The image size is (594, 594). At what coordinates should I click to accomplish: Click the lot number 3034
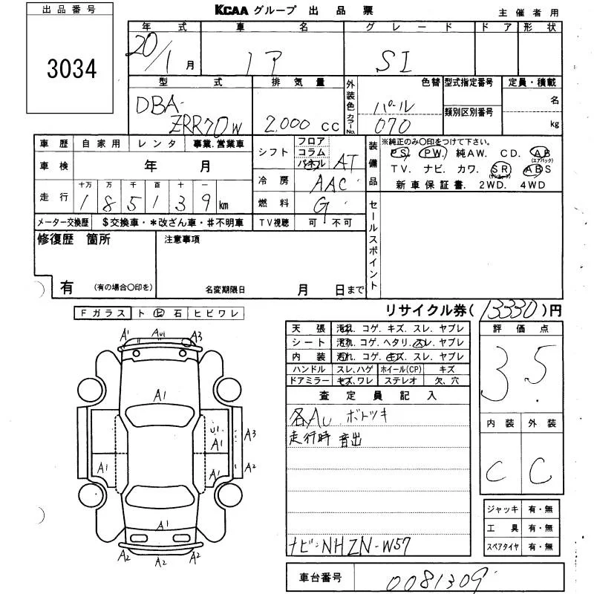click(72, 69)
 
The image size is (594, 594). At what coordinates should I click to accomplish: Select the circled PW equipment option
click(430, 153)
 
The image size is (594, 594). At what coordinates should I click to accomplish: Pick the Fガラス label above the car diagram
click(102, 314)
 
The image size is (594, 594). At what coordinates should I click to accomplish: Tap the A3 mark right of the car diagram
click(250, 434)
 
